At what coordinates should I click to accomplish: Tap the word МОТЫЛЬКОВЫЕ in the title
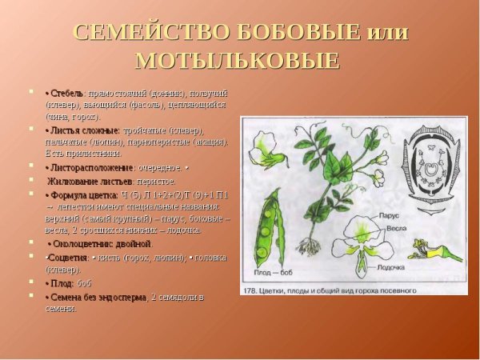click(238, 61)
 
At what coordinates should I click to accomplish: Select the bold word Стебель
click(66, 93)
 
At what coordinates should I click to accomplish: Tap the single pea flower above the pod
click(262, 150)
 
